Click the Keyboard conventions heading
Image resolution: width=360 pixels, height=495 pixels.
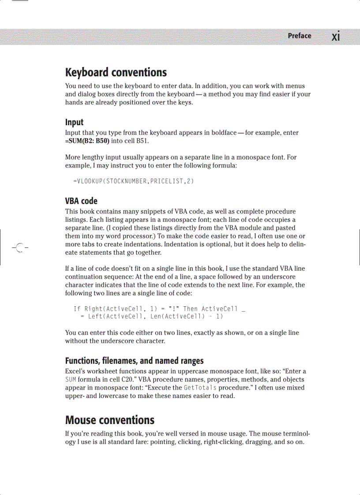tap(116, 72)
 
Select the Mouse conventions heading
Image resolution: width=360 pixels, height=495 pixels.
tap(110, 420)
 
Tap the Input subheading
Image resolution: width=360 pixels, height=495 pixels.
tap(74, 122)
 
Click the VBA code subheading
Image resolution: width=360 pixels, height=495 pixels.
tap(81, 201)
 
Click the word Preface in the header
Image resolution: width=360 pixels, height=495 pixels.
tap(299, 36)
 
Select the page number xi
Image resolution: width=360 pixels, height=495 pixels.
tap(336, 36)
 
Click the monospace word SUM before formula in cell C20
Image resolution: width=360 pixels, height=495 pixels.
tap(71, 380)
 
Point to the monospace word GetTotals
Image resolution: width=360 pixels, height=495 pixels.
tap(200, 388)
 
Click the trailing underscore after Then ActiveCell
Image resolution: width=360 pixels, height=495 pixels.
tap(244, 310)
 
